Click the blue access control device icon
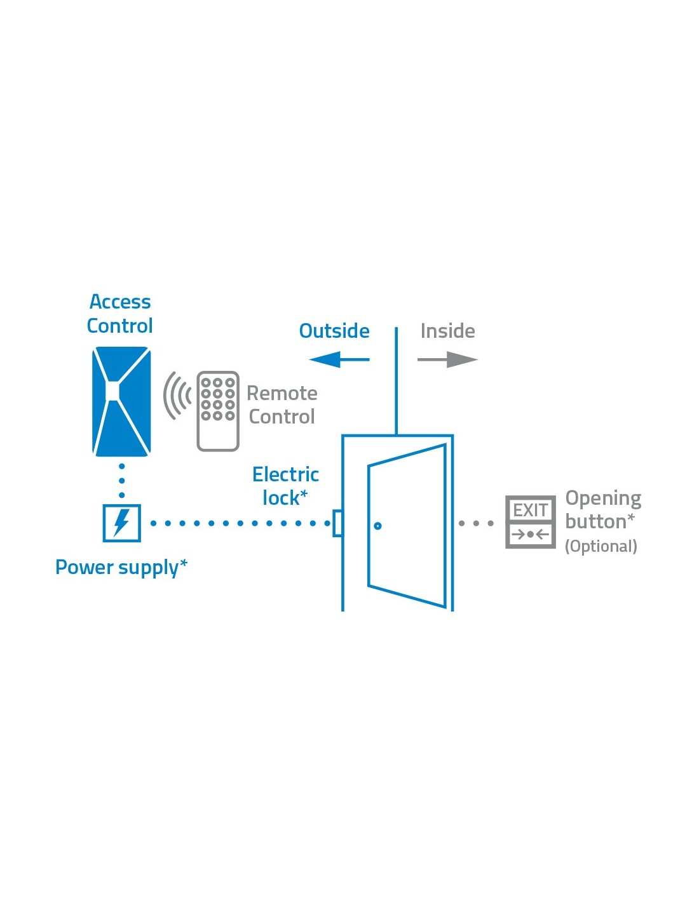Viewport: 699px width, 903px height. (x=121, y=401)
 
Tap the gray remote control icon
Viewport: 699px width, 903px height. (x=218, y=411)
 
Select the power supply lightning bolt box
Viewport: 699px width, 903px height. (x=121, y=523)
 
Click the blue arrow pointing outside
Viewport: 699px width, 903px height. (x=339, y=359)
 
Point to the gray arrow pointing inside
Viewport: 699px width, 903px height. (x=447, y=359)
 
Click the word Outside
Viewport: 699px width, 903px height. (x=334, y=331)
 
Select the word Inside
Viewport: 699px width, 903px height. (x=447, y=331)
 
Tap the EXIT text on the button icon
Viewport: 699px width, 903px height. (x=530, y=510)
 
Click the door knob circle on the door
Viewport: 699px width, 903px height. (x=377, y=526)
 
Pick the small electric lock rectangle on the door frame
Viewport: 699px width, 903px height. (x=338, y=523)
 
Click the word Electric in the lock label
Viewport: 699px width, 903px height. (x=285, y=474)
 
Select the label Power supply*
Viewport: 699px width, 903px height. (x=121, y=567)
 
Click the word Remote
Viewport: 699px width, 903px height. (x=282, y=394)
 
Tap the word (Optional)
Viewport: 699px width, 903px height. (x=601, y=546)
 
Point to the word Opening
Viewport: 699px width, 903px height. (x=603, y=498)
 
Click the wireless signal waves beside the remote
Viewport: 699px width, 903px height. (x=177, y=396)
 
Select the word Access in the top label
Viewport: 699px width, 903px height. (x=120, y=302)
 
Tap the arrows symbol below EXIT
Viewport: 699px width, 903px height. (x=530, y=535)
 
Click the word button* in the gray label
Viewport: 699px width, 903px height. (x=599, y=521)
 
